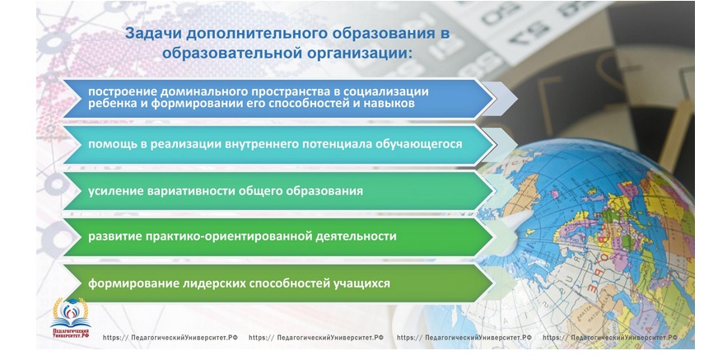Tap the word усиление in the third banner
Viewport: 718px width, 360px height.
click(115, 191)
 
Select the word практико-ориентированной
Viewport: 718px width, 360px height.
click(229, 236)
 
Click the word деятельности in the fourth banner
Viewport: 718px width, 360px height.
click(357, 236)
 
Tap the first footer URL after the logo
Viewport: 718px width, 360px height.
click(170, 338)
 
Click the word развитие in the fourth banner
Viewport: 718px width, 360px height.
click(115, 236)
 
